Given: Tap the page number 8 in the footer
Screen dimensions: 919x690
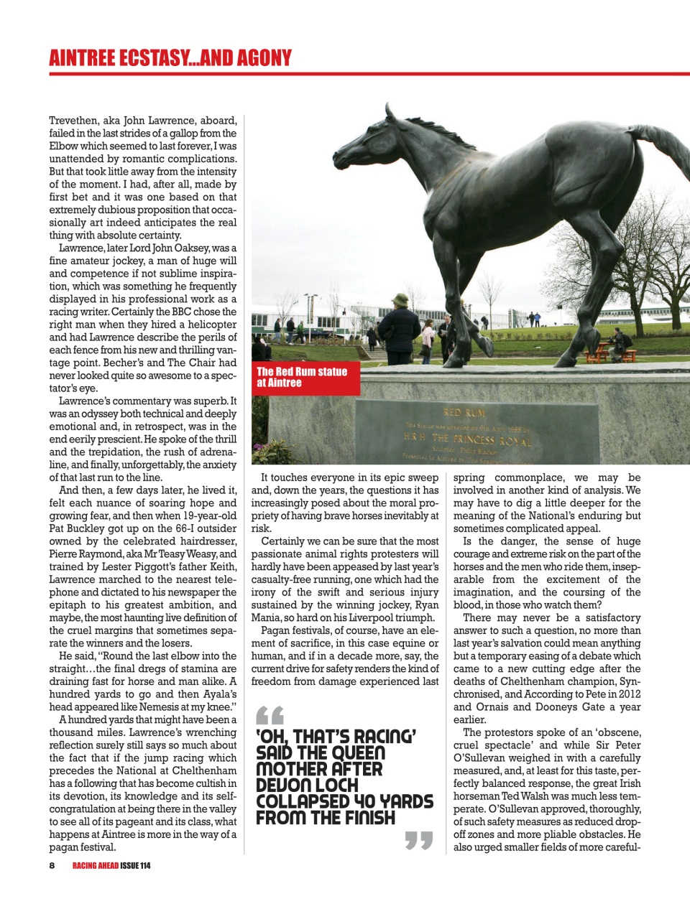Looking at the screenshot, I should click(x=52, y=865).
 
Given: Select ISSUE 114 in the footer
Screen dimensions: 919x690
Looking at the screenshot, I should click(x=135, y=865).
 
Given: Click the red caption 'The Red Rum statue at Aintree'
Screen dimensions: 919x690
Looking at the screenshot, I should click(x=302, y=377).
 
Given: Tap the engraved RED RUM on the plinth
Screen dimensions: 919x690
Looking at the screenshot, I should click(x=464, y=413).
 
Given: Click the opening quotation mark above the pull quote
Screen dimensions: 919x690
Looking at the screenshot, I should click(x=270, y=715).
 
